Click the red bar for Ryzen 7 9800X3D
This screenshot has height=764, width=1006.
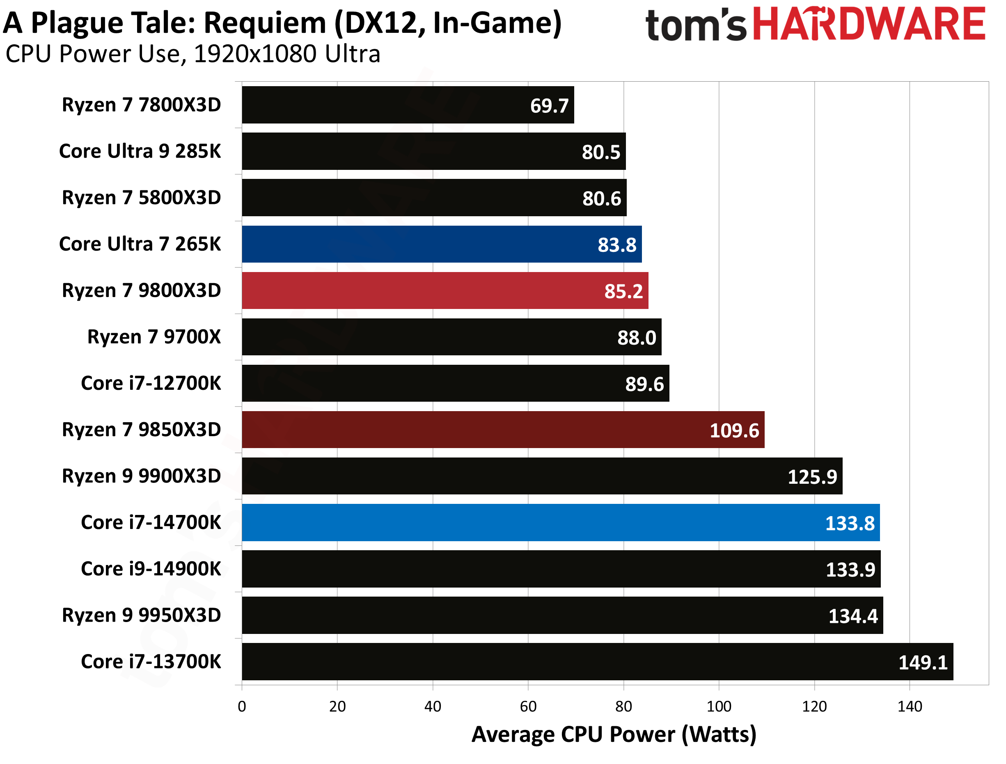(445, 291)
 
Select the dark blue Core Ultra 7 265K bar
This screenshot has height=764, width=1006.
(441, 244)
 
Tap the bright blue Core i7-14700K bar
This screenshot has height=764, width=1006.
(560, 522)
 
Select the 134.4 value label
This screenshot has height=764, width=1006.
(853, 616)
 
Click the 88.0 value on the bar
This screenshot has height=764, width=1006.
(636, 338)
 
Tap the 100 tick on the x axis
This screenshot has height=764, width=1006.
(719, 706)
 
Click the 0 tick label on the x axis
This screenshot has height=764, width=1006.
(242, 706)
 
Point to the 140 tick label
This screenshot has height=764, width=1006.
(910, 706)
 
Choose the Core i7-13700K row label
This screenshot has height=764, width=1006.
(151, 662)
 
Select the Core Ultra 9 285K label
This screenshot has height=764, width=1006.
(140, 151)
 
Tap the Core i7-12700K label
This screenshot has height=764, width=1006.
(151, 383)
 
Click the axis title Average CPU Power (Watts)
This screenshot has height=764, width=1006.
(614, 734)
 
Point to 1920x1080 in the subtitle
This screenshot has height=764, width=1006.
(255, 54)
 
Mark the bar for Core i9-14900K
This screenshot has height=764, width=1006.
(561, 569)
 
